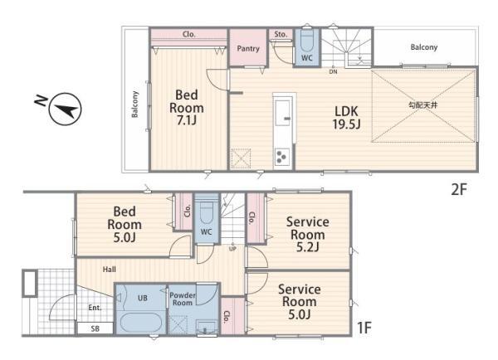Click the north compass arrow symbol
tap(65, 109)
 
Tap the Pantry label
tap(248, 49)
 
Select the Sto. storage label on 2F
tap(281, 34)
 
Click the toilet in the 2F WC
tap(307, 41)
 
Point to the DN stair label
tap(333, 72)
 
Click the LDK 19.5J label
tap(346, 118)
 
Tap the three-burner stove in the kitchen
tap(281, 157)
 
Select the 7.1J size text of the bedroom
tap(187, 120)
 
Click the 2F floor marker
tap(459, 189)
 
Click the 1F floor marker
tap(364, 328)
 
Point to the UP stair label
tap(232, 249)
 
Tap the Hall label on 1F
tap(110, 270)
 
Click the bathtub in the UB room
tap(141, 323)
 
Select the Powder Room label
tap(183, 299)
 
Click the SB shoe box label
tap(95, 328)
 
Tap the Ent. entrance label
tap(95, 308)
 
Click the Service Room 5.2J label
tap(307, 235)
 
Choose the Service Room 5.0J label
tap(300, 302)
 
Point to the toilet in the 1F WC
tap(207, 212)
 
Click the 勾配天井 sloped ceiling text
tap(422, 105)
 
